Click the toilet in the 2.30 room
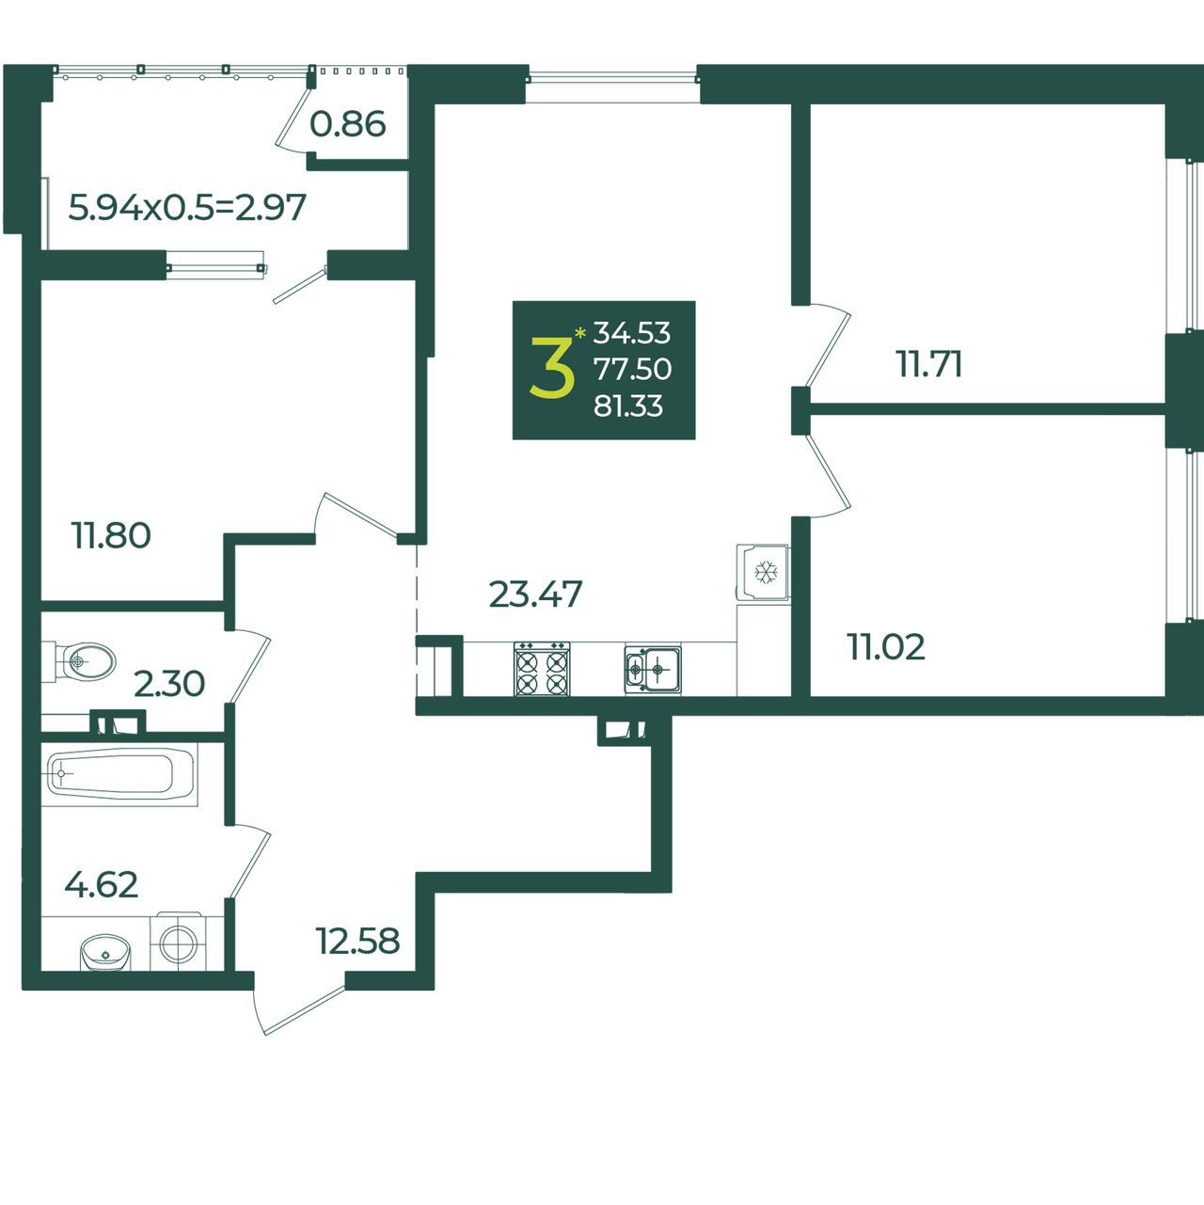point(80,660)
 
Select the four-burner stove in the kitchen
point(542,669)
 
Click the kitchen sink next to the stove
point(653,670)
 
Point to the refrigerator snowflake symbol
point(767,572)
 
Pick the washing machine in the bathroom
point(179,941)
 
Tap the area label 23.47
point(535,595)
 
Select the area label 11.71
point(928,365)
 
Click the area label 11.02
point(886,647)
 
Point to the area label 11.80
point(111,536)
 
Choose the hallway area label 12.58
point(357,941)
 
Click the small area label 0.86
point(348,124)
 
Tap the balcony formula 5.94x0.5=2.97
point(187,207)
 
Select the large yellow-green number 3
point(552,367)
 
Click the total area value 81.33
point(628,405)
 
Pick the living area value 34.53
point(632,333)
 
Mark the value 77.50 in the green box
point(632,369)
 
